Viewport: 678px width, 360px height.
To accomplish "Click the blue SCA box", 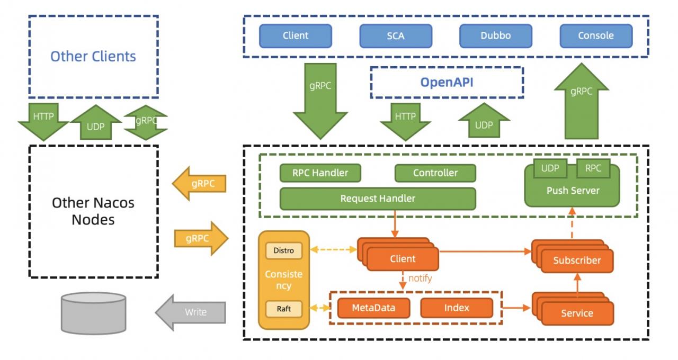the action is click(396, 36).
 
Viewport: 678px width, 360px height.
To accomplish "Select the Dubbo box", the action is click(495, 36).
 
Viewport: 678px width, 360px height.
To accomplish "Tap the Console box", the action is click(596, 36).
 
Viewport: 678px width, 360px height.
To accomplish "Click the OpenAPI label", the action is click(447, 82).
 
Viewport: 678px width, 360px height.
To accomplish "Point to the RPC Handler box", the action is click(320, 173).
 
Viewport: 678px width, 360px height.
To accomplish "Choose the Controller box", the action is click(435, 173).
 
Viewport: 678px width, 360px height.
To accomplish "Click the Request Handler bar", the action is click(378, 199).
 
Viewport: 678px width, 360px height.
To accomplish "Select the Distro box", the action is click(283, 250).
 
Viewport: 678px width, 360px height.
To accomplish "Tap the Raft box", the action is click(283, 309).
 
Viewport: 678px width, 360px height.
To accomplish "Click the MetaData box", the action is click(373, 308).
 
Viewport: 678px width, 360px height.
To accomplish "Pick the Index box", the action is click(457, 308).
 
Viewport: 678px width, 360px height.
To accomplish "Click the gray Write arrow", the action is click(191, 312).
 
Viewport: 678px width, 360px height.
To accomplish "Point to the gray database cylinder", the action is click(94, 313).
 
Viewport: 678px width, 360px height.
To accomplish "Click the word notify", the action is click(420, 278).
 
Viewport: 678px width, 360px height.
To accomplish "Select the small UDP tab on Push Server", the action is click(550, 168).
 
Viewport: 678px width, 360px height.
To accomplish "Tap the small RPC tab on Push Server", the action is click(593, 168).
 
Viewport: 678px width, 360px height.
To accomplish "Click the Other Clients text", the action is click(93, 57).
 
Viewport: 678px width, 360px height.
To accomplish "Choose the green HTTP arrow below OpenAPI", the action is click(405, 122).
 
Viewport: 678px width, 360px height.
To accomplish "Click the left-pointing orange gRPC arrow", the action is click(199, 183).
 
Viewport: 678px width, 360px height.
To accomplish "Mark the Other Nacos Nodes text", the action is click(93, 211).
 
